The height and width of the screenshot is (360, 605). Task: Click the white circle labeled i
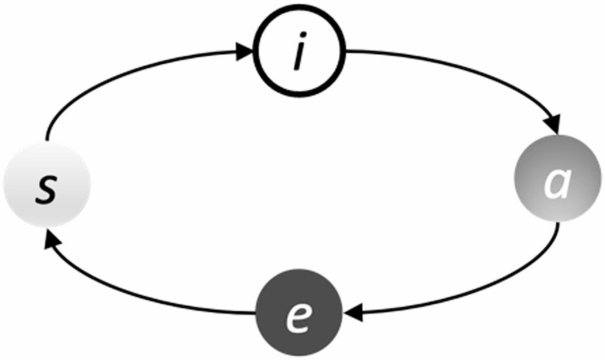pyautogui.click(x=300, y=51)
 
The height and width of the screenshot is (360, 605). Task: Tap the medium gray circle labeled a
pyautogui.click(x=557, y=178)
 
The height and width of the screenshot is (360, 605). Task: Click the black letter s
pyautogui.click(x=46, y=189)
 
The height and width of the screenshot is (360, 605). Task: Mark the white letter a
pyautogui.click(x=556, y=182)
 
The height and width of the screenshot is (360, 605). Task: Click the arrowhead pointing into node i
pyautogui.click(x=245, y=51)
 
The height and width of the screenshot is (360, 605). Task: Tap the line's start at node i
pyautogui.click(x=347, y=51)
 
